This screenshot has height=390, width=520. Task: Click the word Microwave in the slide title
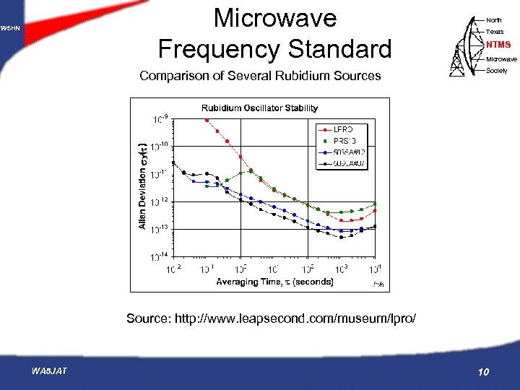click(274, 18)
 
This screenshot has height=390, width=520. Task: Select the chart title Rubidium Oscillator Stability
click(259, 108)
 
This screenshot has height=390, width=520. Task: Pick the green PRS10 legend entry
click(345, 139)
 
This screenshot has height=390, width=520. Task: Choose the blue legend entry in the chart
click(348, 151)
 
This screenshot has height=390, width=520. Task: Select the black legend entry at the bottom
click(348, 162)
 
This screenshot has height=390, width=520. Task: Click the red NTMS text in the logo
click(498, 45)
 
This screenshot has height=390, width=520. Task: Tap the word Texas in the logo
click(495, 32)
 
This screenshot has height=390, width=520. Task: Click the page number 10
click(484, 372)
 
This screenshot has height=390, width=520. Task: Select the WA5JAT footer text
click(49, 371)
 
